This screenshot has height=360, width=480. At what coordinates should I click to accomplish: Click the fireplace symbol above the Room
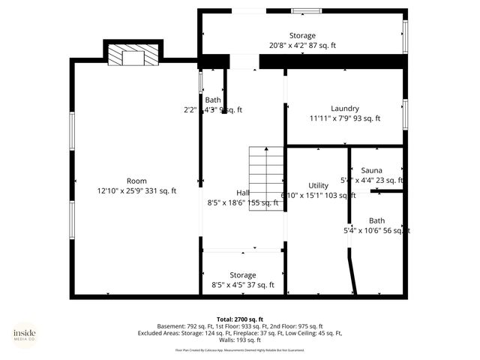tap(133, 56)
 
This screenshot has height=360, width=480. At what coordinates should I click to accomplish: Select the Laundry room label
tap(344, 109)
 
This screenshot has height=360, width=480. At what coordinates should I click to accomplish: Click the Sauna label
tap(372, 171)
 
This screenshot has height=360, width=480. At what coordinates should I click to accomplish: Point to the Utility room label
tap(319, 186)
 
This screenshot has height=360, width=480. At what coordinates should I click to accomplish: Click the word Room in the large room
tap(136, 181)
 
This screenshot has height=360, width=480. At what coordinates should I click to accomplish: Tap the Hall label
tap(243, 193)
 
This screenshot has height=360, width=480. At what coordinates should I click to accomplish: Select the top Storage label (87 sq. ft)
tap(302, 36)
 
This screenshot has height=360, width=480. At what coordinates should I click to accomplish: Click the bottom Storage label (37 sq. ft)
tap(243, 275)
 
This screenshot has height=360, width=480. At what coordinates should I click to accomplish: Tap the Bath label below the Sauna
tap(376, 220)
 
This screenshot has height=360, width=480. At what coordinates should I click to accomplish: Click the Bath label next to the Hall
tap(213, 100)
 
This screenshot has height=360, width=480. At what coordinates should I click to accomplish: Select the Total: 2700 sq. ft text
tap(239, 319)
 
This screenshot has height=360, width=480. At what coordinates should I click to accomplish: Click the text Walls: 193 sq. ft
tap(239, 340)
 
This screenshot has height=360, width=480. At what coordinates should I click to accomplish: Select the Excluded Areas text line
tap(239, 333)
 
